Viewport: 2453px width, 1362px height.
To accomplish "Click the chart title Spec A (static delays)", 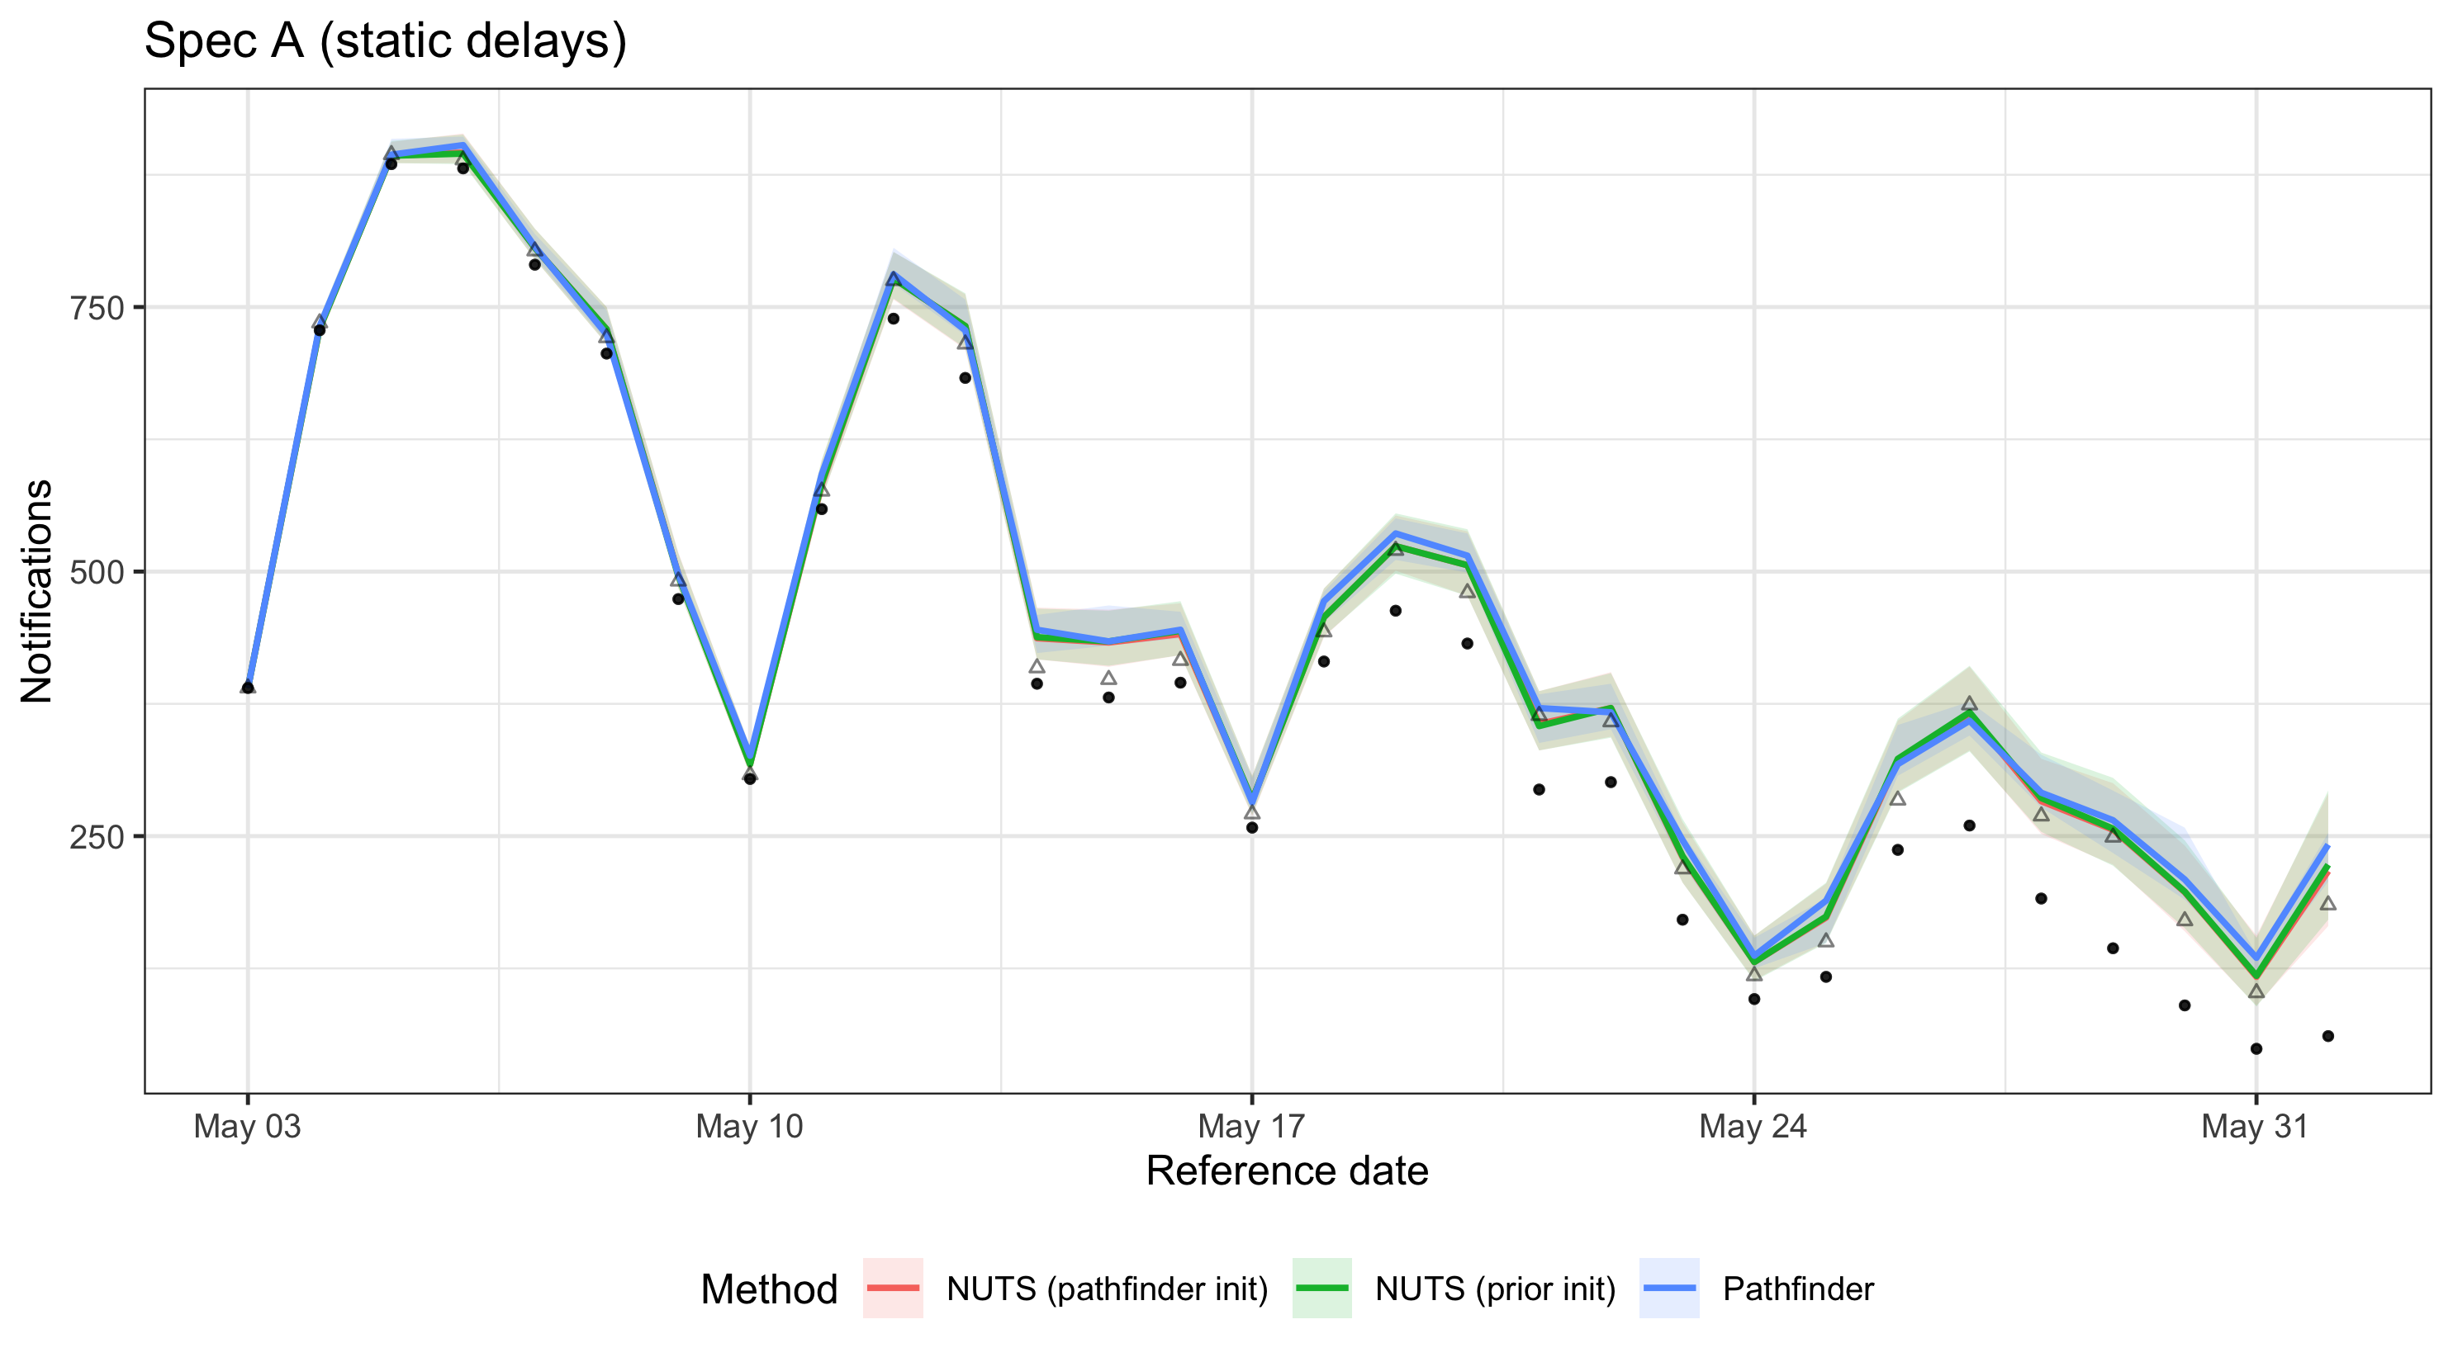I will pos(385,42).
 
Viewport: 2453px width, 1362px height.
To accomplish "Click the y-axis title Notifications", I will pos(36,591).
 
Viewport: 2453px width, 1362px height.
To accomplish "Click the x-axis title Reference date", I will pos(1287,1170).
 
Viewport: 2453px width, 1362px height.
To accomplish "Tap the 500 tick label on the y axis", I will pos(97,573).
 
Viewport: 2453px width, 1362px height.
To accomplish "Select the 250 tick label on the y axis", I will pos(97,838).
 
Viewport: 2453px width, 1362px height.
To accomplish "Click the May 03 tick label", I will pos(247,1127).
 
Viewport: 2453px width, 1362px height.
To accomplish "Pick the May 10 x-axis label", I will pos(749,1127).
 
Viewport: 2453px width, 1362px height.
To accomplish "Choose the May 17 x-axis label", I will pos(1251,1127).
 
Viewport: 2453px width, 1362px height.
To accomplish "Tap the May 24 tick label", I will pos(1753,1127).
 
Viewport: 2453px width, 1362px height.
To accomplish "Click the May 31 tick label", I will pos(2255,1127).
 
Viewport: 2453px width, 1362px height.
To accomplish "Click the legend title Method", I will pos(768,1289).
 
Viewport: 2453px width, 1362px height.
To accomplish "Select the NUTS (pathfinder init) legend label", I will pos(1107,1289).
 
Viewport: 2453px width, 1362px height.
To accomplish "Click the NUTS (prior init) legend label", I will pos(1495,1289).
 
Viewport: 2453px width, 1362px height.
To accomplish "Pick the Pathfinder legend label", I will pos(1798,1289).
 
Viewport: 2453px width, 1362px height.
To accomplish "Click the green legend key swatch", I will pos(1321,1289).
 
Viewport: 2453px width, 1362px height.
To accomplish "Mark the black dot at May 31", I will pos(2256,1049).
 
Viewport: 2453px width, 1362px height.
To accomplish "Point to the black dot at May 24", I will pos(1754,1000).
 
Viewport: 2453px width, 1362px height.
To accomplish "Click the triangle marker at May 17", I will pos(1252,812).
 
